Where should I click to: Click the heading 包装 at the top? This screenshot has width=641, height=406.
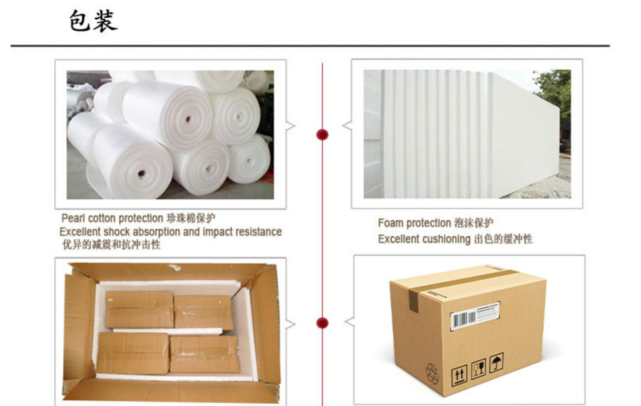(93, 21)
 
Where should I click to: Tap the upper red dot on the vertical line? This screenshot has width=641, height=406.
(322, 135)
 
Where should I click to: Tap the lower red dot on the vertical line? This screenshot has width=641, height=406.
(322, 323)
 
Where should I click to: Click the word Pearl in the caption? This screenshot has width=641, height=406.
(73, 218)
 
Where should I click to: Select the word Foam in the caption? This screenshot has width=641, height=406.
(391, 223)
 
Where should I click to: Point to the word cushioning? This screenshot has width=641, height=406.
(446, 239)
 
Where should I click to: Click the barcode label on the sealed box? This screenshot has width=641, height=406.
(475, 315)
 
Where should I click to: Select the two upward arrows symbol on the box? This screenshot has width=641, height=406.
(459, 375)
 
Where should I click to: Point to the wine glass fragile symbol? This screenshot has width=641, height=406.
(479, 369)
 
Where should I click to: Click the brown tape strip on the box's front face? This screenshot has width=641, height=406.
(413, 301)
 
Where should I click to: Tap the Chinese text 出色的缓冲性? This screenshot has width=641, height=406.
(503, 239)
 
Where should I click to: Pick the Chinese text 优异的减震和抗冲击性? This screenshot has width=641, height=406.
(111, 245)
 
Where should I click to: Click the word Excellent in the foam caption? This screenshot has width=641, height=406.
(398, 239)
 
